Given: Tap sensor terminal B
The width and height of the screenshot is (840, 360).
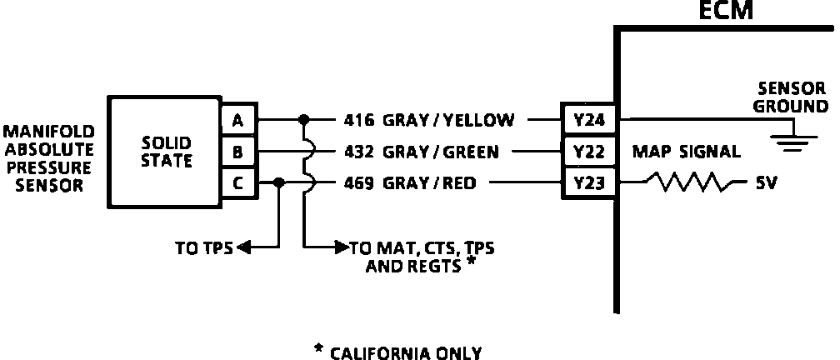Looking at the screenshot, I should [x=238, y=152].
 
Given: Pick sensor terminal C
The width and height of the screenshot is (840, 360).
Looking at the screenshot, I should [x=238, y=183].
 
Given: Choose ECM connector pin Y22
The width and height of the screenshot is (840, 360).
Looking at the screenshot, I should [x=588, y=152].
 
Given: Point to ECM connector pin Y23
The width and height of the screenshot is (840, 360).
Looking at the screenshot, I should [x=588, y=183].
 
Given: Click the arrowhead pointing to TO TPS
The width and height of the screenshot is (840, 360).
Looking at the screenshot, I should [x=242, y=247].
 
